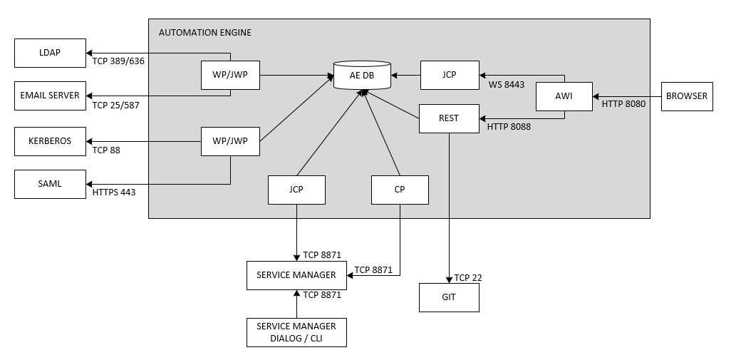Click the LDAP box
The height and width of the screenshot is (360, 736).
[x=50, y=53]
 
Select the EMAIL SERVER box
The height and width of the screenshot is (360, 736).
[x=50, y=96]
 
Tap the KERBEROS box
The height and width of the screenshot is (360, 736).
[x=50, y=141]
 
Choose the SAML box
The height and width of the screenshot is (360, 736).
[x=50, y=184]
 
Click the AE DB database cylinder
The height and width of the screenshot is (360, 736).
[x=362, y=75]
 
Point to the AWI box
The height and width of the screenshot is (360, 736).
[x=564, y=96]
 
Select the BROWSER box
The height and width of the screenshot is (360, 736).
[x=687, y=96]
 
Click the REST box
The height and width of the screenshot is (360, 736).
[x=449, y=118]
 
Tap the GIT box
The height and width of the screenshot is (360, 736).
[x=449, y=297]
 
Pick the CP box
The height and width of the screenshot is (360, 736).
[x=400, y=190]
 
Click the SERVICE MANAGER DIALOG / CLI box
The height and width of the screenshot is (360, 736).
[x=296, y=332]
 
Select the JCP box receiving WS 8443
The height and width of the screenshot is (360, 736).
[x=449, y=75]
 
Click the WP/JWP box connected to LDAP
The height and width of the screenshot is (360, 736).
[x=230, y=75]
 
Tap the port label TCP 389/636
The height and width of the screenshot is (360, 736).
[x=118, y=61]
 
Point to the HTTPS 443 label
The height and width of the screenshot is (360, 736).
[x=114, y=192]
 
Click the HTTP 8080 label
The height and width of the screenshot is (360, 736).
[x=623, y=104]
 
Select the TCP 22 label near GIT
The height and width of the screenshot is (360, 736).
[x=468, y=277]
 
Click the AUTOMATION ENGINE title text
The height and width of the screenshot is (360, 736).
[x=204, y=33]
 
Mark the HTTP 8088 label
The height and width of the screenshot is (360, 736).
[x=509, y=127]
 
